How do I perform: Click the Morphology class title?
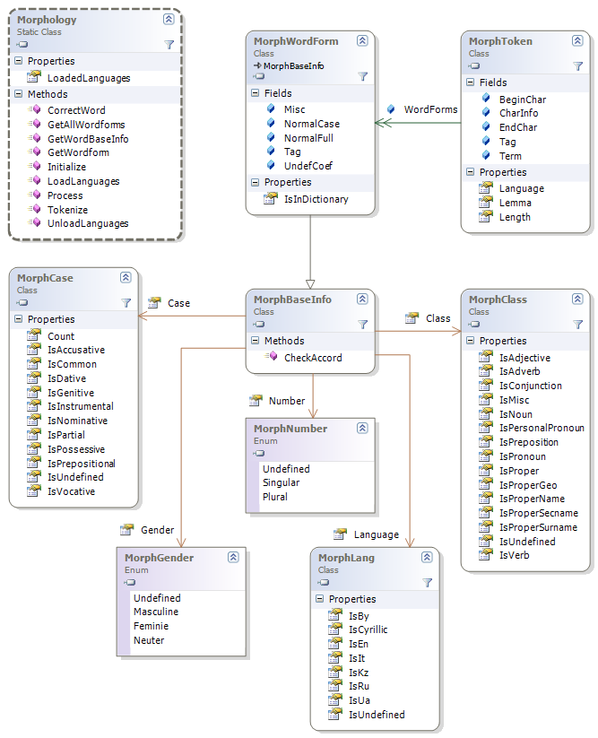point(47,20)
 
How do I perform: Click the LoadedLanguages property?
point(88,78)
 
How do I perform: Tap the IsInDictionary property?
point(316,199)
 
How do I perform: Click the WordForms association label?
point(430,109)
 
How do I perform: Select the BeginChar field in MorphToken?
point(523,100)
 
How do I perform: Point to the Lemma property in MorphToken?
point(515,203)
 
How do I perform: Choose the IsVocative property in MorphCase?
point(71,491)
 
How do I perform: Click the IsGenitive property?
point(71,393)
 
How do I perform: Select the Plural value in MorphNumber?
point(275,497)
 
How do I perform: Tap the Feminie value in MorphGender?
point(152,626)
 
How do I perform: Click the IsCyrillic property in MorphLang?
point(368,629)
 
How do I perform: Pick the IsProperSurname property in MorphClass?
point(538,527)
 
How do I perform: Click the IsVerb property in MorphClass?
point(515,556)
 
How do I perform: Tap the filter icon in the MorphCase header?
point(126,303)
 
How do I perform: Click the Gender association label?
point(157,530)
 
